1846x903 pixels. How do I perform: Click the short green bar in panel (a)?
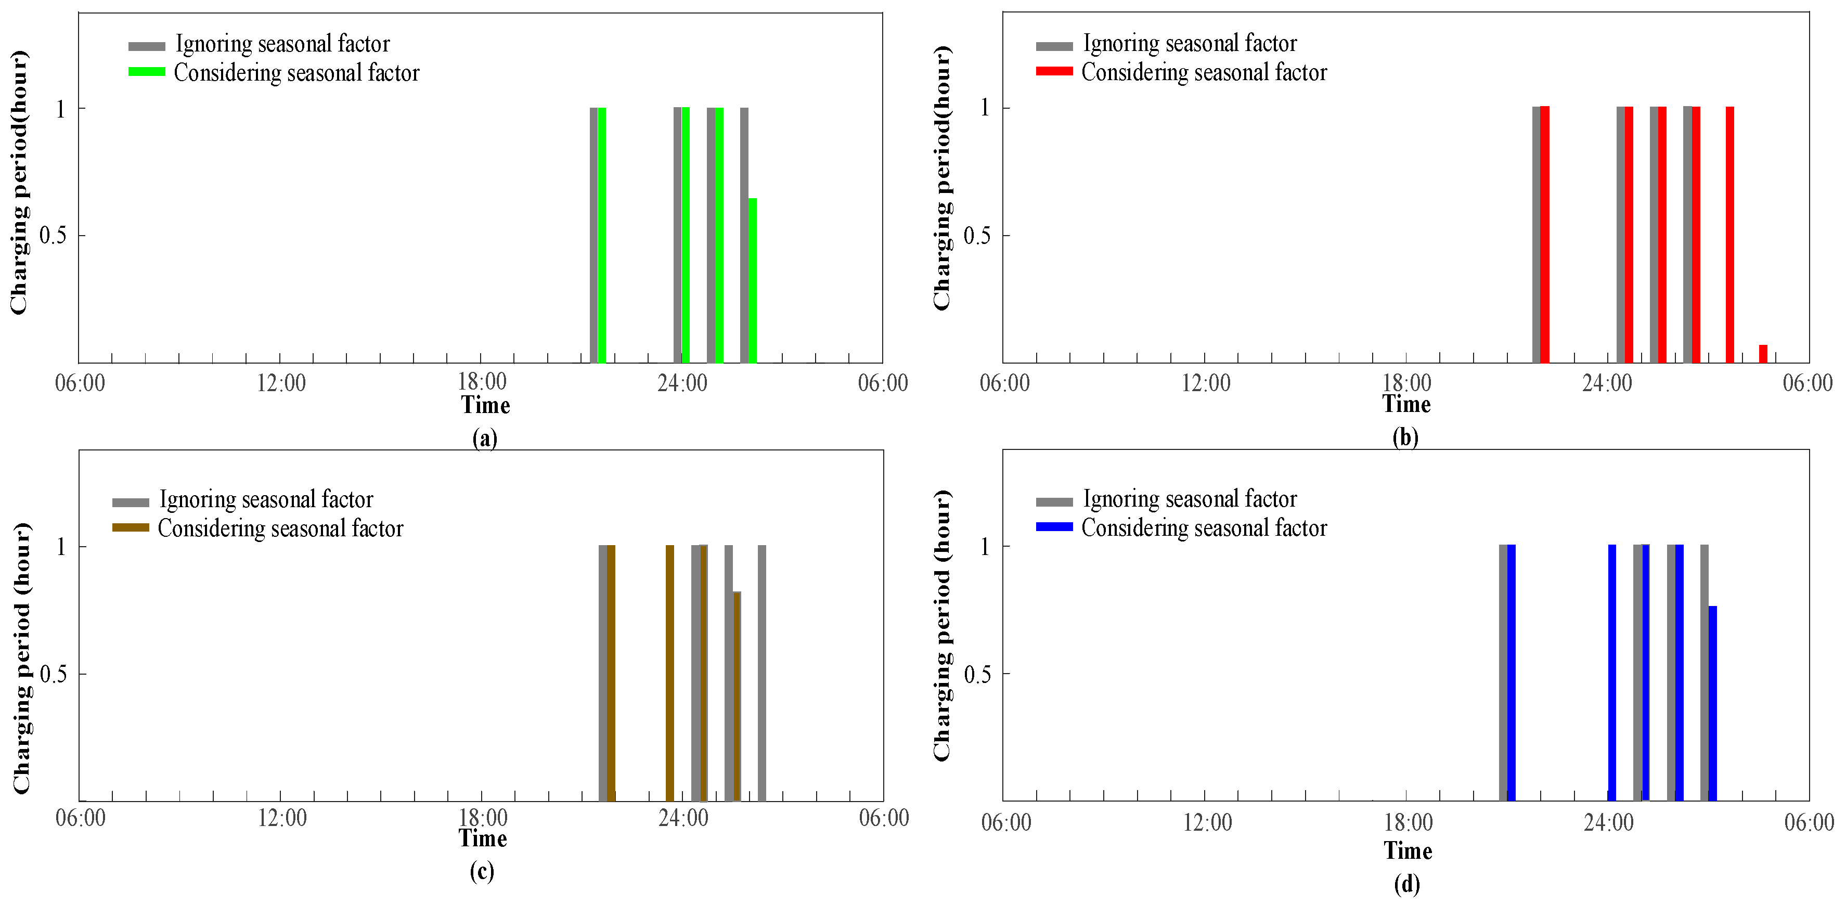click(x=753, y=279)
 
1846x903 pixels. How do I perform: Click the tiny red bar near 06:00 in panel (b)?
click(x=1763, y=353)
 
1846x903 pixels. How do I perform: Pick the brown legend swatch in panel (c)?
click(x=131, y=527)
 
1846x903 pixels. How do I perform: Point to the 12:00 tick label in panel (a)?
click(x=281, y=383)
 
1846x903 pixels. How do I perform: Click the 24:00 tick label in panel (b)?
click(x=1607, y=383)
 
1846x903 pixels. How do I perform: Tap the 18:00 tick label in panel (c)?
click(x=482, y=818)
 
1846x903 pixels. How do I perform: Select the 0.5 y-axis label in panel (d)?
click(x=977, y=674)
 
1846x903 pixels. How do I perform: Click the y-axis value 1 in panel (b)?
click(x=985, y=108)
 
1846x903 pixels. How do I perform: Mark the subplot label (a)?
click(x=484, y=437)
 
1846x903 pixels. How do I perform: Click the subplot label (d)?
click(x=1406, y=884)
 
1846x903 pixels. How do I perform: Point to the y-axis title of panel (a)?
click(x=19, y=183)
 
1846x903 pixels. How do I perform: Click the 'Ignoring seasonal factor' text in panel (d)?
click(x=1189, y=499)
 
